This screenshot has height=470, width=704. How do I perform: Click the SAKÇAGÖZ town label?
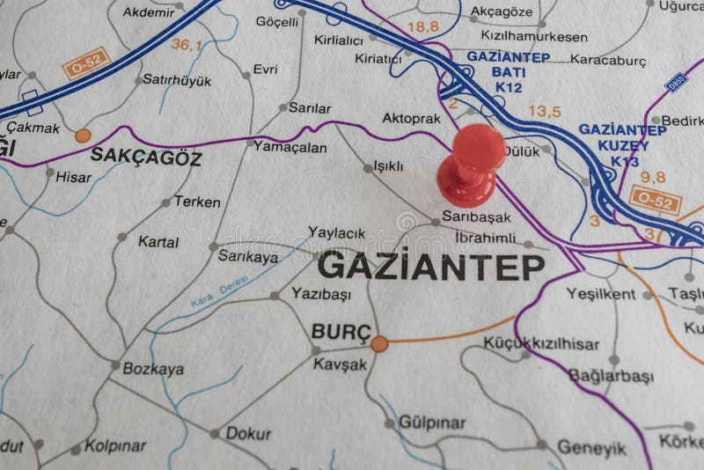click(146, 158)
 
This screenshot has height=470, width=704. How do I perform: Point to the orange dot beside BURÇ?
click(379, 343)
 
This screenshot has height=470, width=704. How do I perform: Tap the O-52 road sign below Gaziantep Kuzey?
click(655, 201)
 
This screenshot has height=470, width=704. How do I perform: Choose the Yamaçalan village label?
click(290, 147)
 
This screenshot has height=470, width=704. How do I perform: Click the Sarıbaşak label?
click(476, 217)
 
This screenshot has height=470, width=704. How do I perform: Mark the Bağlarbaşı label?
click(611, 376)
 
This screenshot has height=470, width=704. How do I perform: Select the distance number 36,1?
click(187, 44)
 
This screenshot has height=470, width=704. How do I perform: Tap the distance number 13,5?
click(544, 111)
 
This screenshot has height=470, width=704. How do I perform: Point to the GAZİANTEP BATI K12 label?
click(508, 71)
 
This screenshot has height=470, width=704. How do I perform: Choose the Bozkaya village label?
click(153, 369)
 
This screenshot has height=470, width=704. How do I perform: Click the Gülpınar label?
click(432, 422)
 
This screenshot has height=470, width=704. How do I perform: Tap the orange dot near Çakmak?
click(83, 136)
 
